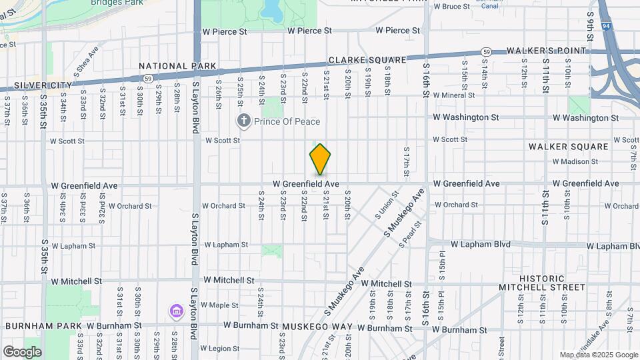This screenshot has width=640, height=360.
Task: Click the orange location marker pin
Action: tap(320, 159)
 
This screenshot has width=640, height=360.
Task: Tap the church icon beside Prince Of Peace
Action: tap(244, 121)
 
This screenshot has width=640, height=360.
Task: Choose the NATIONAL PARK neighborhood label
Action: tap(178, 66)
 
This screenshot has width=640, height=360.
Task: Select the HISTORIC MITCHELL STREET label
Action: tap(542, 283)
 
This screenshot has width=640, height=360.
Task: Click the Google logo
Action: tap(21, 351)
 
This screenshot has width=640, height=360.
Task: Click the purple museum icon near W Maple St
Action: tap(176, 311)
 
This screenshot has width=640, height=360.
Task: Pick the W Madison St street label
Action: tap(575, 161)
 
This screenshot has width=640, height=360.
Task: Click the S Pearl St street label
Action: tap(411, 238)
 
